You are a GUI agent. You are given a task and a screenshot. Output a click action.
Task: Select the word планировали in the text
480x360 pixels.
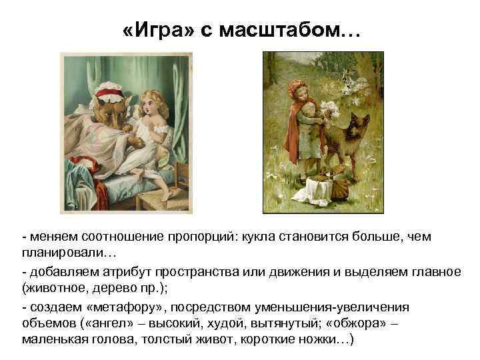pyautogui.click(x=61, y=255)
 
